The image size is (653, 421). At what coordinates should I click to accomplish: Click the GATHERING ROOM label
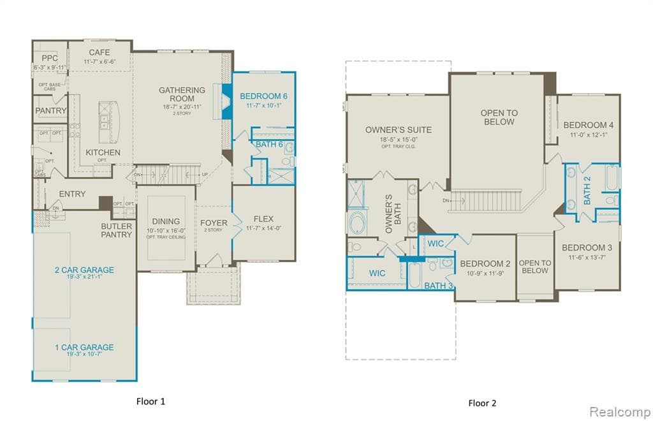(182, 94)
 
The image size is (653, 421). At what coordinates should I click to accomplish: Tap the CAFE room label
(99, 52)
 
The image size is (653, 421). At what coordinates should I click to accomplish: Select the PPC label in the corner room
(50, 58)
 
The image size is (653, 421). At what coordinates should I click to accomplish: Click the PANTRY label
(51, 110)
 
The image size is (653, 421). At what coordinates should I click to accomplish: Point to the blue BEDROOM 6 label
(263, 96)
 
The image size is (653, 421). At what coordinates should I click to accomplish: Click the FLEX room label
(263, 219)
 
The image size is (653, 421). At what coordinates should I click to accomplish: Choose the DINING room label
(166, 221)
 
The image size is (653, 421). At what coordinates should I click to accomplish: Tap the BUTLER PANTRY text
(117, 230)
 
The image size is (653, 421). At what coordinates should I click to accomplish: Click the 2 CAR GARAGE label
(84, 270)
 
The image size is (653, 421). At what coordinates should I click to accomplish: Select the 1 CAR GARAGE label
(84, 348)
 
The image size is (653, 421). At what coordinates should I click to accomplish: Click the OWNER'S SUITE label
(398, 129)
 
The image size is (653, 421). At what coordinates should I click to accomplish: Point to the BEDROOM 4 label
(588, 125)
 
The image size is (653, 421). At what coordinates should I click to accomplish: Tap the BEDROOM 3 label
(587, 247)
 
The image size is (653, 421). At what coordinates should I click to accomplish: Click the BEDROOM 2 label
(485, 263)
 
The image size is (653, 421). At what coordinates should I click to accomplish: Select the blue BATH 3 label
(438, 285)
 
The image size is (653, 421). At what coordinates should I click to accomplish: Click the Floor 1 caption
(151, 401)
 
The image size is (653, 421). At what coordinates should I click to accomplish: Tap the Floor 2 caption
(483, 403)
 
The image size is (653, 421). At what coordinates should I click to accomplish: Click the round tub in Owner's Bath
(356, 223)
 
